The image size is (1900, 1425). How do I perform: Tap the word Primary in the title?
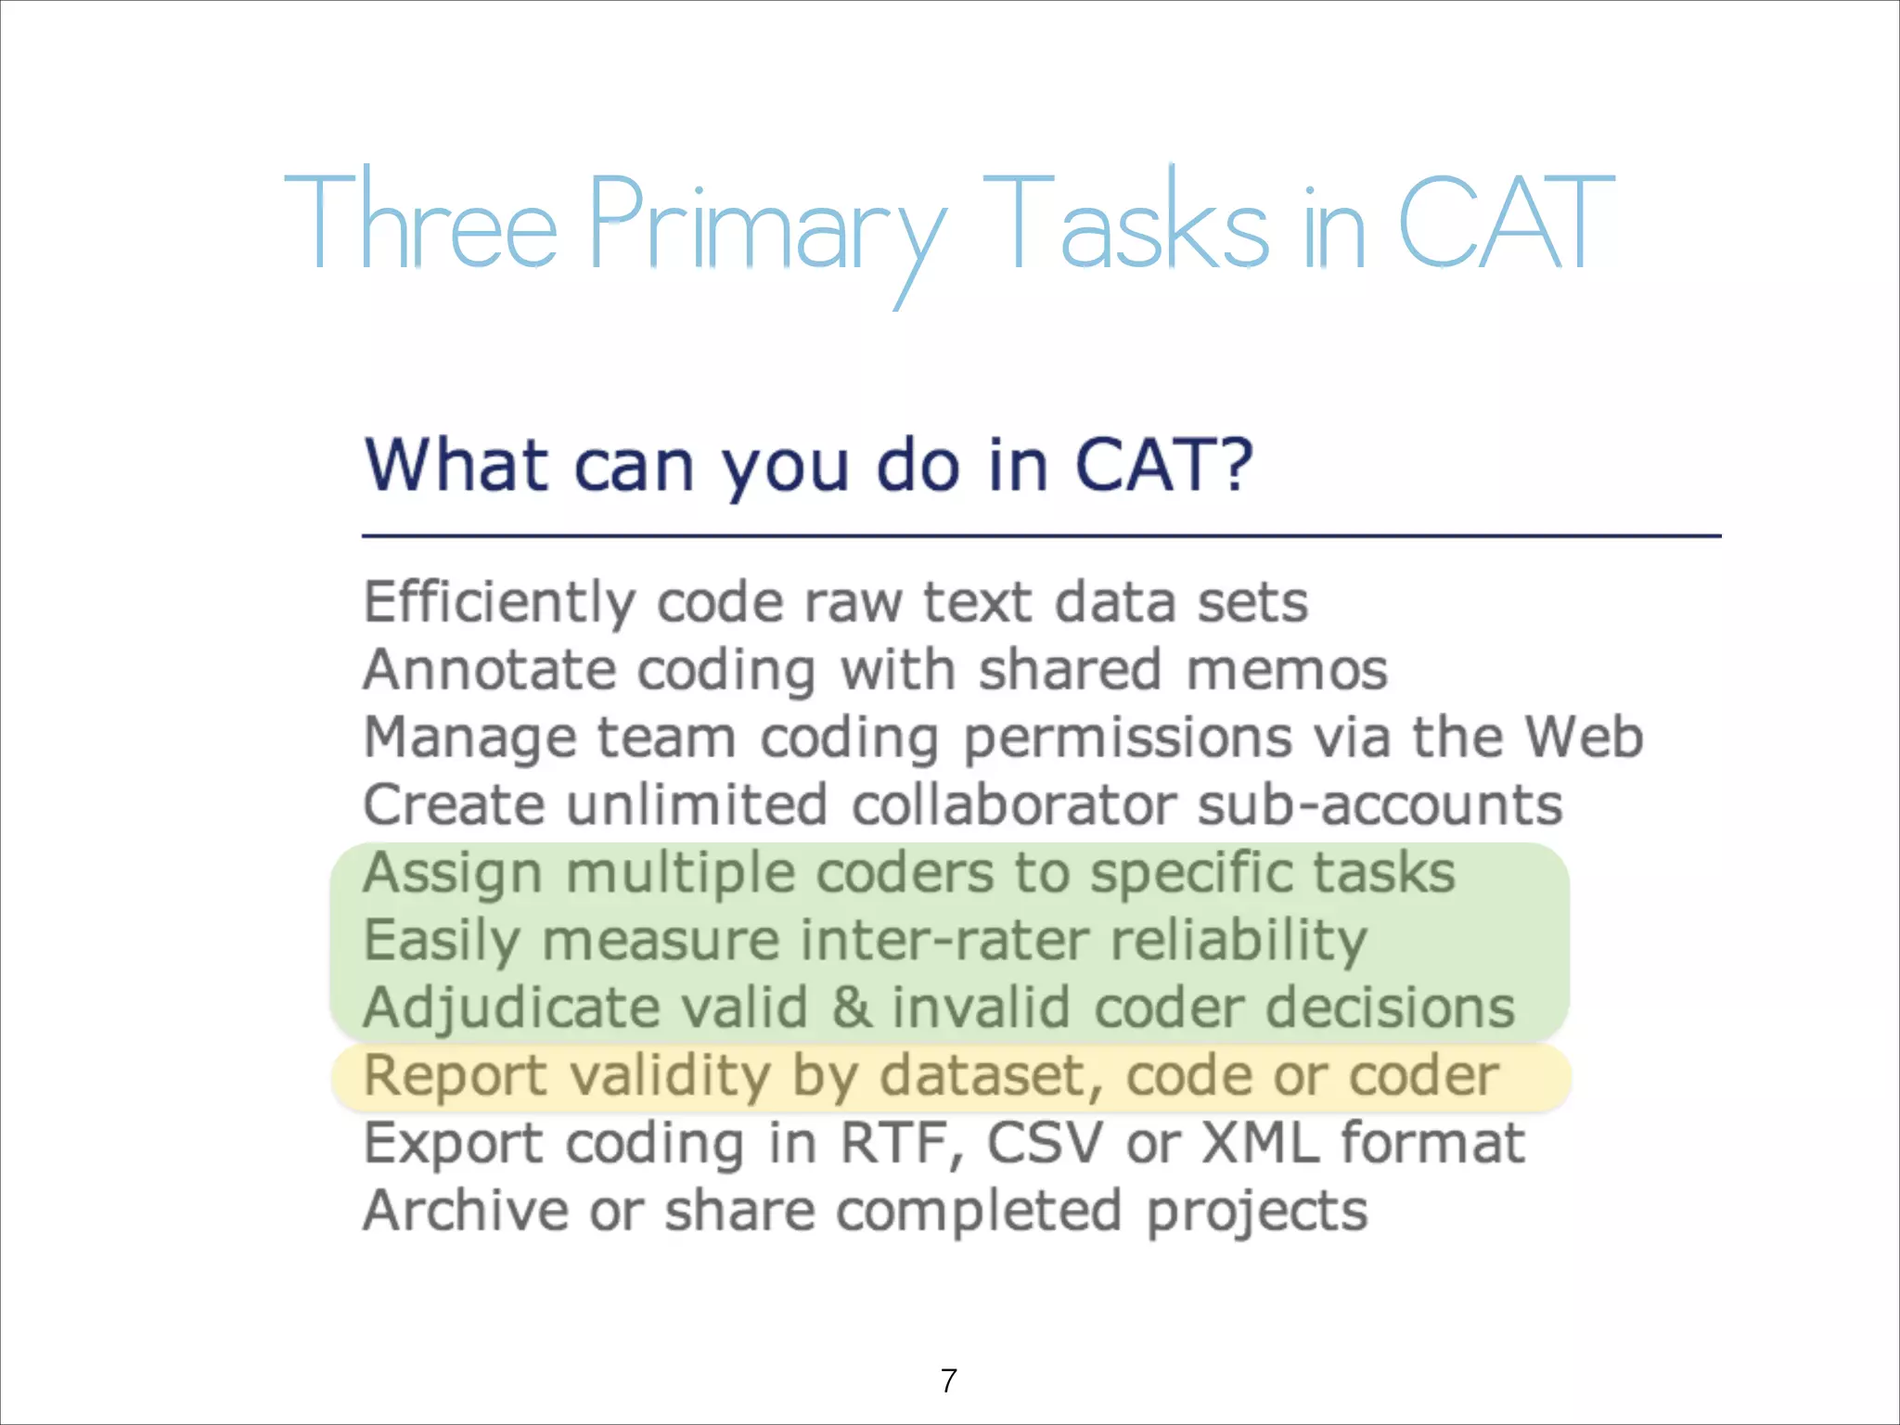point(766,227)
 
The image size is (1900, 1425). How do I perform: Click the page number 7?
point(948,1380)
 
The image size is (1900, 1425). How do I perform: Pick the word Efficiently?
point(499,602)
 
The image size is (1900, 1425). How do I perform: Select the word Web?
point(1585,737)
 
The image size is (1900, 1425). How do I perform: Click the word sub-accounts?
point(1380,804)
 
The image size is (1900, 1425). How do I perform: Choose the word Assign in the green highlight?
point(453,874)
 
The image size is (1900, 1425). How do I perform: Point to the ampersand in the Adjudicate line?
point(851,1008)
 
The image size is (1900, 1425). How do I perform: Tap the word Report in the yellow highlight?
point(455,1076)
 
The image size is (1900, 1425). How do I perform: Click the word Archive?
point(465,1211)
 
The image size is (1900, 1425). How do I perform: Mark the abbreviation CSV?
point(1044,1143)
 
